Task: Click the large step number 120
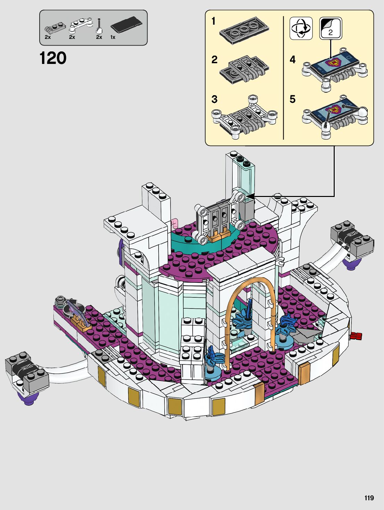53,58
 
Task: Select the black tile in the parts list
126,24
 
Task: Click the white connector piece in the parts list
81,25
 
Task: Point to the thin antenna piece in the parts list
99,26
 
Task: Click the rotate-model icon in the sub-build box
301,28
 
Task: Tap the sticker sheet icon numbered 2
331,28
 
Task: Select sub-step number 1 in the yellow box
214,21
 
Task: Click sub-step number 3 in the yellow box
214,99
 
